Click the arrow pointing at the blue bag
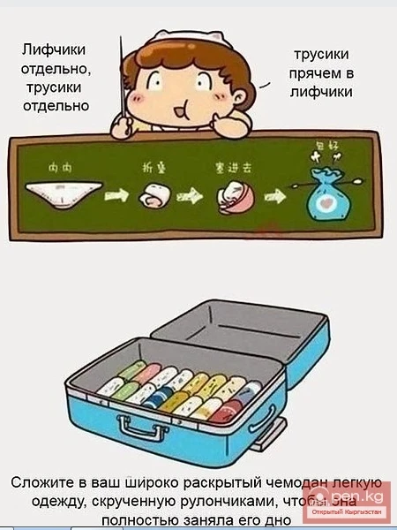tap(275, 194)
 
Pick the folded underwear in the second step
tap(152, 195)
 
